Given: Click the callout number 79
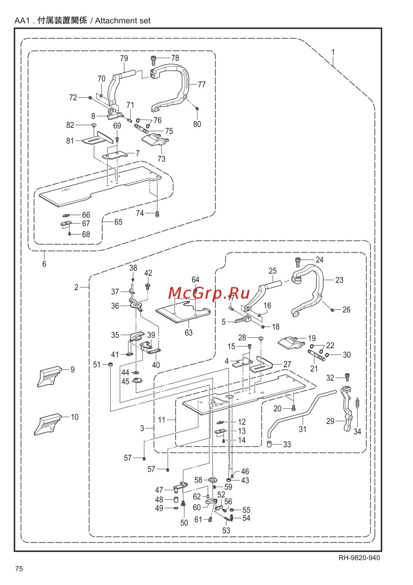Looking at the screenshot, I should point(124,58).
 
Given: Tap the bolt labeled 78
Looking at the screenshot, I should point(154,60).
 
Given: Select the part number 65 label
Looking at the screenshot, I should point(119,222).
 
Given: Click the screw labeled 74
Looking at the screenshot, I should point(157,214).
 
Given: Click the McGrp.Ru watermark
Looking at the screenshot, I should point(209,293).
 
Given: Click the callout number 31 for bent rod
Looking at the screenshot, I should point(303,429).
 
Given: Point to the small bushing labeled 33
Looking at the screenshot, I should point(268,445).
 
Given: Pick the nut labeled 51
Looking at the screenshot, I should point(111,364).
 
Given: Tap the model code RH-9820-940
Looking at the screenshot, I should point(359,558).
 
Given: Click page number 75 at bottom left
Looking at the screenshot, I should point(19,569).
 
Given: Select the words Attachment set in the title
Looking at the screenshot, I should point(123,21).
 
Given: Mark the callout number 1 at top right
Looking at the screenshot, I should point(333,53).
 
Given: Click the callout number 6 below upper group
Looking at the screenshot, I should point(44,264).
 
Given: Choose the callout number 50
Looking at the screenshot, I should point(184,523).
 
